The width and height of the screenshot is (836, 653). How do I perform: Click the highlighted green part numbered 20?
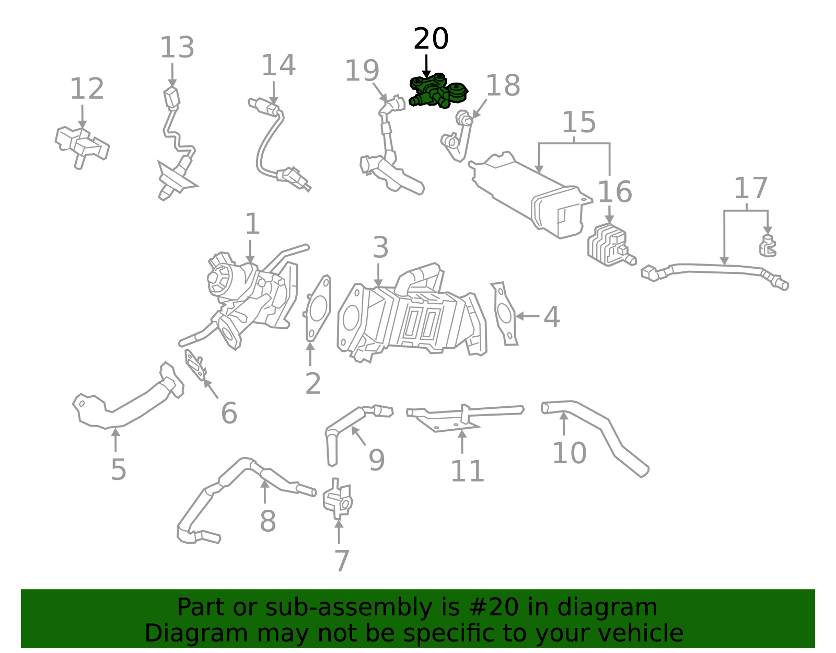438,92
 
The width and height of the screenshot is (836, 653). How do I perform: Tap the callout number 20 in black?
431,39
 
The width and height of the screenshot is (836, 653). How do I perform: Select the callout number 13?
177,48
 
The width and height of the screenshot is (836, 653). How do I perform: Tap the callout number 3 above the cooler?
380,248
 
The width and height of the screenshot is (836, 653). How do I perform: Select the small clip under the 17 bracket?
767,247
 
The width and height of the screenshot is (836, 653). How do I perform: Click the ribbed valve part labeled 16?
607,244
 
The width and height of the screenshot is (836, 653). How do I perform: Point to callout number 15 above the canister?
578,123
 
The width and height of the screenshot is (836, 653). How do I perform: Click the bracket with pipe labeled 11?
460,416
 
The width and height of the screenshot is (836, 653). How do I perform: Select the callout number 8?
268,521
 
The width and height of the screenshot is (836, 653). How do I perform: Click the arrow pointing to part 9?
358,436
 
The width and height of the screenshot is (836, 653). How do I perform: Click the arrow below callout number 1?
250,253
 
